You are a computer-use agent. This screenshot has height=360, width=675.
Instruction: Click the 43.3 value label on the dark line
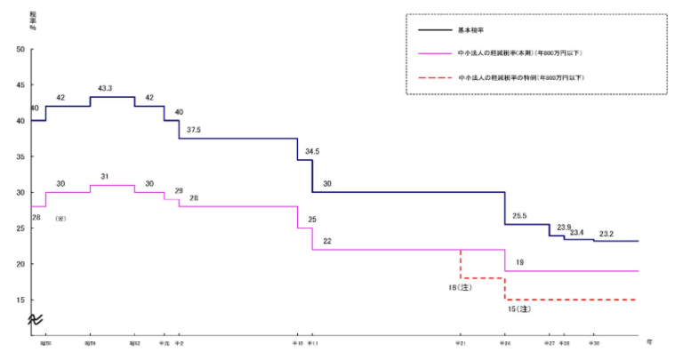[x=105, y=88]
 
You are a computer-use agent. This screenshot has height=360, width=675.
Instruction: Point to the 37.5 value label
[x=193, y=130]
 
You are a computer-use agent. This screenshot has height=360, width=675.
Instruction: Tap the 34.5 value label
[x=311, y=152]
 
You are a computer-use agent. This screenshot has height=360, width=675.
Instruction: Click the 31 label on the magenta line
[x=105, y=176]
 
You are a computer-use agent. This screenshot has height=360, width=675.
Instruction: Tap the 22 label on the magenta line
[x=327, y=241]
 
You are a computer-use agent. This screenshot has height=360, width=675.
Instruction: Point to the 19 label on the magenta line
[x=519, y=262]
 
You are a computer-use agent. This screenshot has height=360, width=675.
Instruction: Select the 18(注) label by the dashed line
[x=462, y=287]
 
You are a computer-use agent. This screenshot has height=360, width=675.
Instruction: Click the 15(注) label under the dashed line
[x=518, y=309]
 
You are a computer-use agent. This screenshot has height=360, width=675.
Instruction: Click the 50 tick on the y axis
[x=20, y=49]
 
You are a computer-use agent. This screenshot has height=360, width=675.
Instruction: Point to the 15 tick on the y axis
[x=20, y=300]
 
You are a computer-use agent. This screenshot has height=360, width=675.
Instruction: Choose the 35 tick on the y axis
[x=20, y=156]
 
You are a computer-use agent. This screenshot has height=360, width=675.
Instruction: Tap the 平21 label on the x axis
[x=461, y=342]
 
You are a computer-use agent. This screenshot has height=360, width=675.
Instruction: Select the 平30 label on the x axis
[x=593, y=342]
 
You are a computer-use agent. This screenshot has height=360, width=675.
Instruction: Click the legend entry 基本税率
[x=470, y=30]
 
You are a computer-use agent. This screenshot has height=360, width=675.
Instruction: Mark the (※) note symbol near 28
[x=60, y=218]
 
